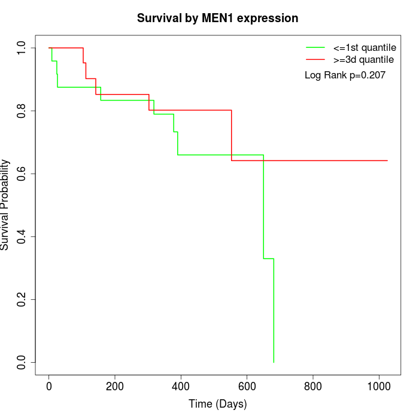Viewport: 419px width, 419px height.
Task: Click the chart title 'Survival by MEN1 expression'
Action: pos(217,18)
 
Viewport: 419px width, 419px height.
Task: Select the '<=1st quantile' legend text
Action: pos(365,47)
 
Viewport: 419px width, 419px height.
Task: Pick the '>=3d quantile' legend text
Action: pos(363,59)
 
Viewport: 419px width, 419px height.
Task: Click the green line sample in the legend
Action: pos(315,47)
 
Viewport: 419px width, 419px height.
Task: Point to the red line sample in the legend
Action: pos(315,59)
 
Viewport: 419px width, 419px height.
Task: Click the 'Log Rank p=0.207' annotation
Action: pos(345,75)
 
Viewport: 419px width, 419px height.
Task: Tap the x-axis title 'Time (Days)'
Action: pos(217,404)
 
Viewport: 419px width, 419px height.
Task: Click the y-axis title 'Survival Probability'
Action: pos(5,205)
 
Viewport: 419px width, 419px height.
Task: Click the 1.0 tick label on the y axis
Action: pos(22,47)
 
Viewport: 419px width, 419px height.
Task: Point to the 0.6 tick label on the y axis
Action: pos(22,174)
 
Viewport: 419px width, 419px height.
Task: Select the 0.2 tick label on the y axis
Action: pos(22,299)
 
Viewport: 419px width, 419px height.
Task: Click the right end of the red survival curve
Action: pos(387,160)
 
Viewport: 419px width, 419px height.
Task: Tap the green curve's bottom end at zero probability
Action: pos(274,362)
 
